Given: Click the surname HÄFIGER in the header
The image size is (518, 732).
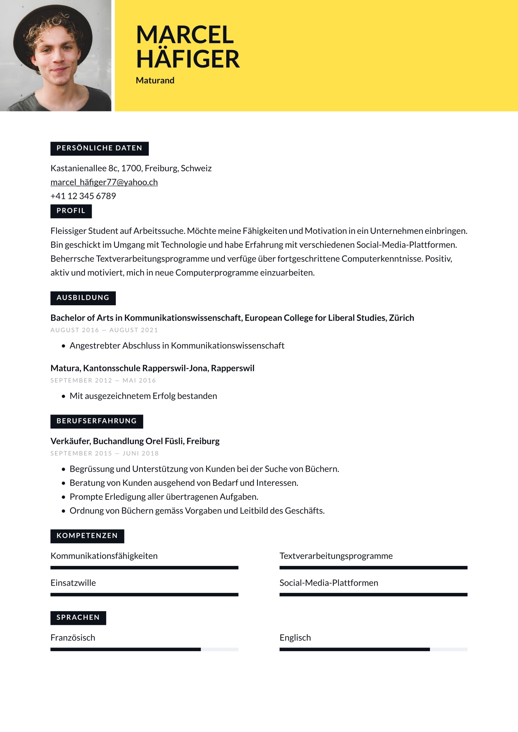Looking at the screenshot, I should point(188,59).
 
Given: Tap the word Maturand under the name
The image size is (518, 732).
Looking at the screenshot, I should point(155,81).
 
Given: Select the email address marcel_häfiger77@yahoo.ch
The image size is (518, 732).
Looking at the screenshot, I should point(104,182).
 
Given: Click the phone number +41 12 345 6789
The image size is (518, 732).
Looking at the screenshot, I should point(83,196).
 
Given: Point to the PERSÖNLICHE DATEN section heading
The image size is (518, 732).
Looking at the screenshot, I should point(99,148).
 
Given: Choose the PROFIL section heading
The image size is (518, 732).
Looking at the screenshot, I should point(71,211).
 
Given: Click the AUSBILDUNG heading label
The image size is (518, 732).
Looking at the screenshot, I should point(83,298).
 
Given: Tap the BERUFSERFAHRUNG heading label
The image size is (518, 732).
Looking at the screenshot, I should point(96,421).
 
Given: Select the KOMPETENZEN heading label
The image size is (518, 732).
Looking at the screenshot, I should point(87,536).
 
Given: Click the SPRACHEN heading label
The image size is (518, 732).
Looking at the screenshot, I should point(78,617).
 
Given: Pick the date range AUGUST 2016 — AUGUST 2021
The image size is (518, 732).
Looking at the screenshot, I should point(104,330).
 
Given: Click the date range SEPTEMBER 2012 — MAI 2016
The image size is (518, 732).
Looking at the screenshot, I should point(103,380).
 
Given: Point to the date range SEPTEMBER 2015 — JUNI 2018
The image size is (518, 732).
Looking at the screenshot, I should point(104,453).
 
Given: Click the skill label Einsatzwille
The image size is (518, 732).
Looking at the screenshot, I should point(73,583).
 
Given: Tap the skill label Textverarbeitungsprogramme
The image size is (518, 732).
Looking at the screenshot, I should point(336,556).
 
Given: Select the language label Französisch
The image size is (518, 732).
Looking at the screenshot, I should point(73,638).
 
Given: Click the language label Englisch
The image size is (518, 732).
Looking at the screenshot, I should point(295,638).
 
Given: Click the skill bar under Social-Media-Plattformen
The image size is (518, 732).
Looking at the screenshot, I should point(373,595).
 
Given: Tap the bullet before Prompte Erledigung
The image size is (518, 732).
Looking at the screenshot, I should point(63,497).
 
